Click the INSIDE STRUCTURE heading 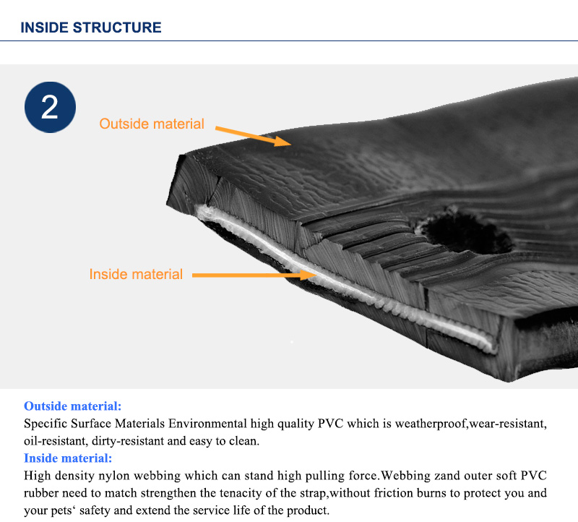coord(90,28)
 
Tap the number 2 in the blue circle coord(50,107)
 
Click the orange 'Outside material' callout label coord(152,124)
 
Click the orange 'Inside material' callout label coord(136,274)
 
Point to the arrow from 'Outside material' coord(253,135)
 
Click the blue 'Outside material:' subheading coord(73,406)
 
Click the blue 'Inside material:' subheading coord(68,458)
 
